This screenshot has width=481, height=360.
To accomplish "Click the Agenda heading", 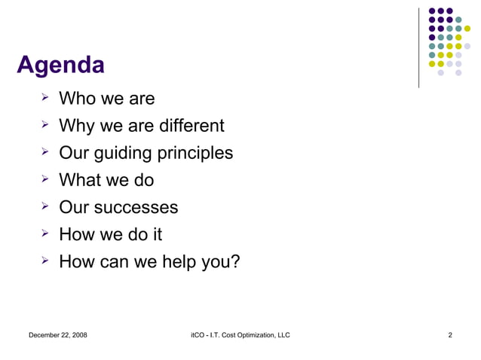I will click(60, 66).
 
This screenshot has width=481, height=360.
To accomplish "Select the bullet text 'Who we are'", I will click(106, 98).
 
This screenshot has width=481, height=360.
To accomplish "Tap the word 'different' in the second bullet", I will click(188, 125).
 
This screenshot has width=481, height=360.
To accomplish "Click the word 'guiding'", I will click(123, 153).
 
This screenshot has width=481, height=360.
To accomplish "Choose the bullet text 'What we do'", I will click(106, 180).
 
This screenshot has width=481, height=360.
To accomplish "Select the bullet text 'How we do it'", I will click(110, 234).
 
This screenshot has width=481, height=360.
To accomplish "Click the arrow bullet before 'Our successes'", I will click(44, 206).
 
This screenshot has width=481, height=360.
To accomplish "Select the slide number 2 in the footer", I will click(449, 334).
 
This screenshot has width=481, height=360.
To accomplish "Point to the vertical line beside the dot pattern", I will click(419, 47).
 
